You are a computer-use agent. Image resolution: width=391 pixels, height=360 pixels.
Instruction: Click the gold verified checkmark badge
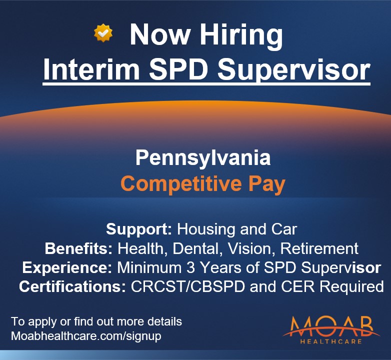click(103, 33)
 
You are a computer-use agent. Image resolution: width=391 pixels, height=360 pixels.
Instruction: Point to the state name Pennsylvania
click(203, 158)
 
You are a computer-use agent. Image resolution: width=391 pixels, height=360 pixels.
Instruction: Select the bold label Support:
click(139, 229)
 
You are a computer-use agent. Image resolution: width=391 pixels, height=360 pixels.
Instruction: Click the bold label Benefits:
click(79, 248)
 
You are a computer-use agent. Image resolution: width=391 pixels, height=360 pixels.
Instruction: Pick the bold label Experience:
click(67, 267)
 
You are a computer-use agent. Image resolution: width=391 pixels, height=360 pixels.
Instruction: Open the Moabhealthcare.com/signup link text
click(86, 336)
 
